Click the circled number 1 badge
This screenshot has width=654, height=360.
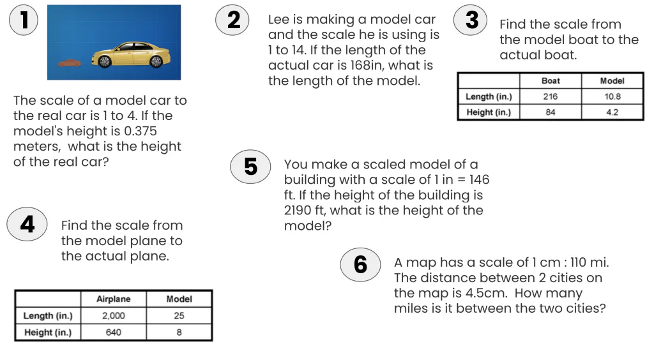[24, 20]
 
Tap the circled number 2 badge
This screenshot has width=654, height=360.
[234, 20]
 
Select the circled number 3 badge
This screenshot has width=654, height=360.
[471, 20]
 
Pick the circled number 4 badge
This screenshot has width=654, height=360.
[27, 224]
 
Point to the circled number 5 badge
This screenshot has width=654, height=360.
[250, 167]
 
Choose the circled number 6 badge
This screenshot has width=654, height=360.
[360, 264]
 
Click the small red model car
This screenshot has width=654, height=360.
[69, 63]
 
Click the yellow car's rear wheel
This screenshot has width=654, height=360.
[155, 61]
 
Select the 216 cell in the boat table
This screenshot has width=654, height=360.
[550, 97]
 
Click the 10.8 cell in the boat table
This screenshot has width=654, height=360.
[612, 97]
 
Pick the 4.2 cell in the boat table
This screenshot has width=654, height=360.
[612, 112]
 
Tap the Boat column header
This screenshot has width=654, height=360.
[550, 81]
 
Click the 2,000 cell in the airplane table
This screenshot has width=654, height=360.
[113, 316]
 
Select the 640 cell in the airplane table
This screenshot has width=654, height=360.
[113, 333]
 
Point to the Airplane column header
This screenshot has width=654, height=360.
[113, 299]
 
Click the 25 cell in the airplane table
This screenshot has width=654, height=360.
[179, 316]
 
